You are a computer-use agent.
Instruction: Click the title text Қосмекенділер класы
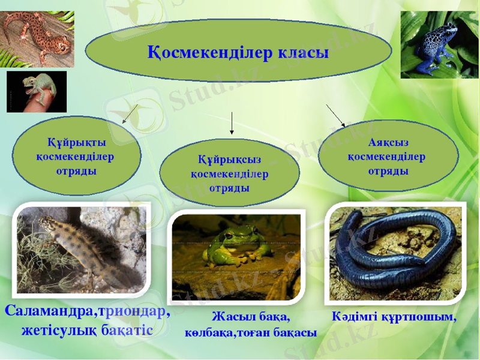point(238,53)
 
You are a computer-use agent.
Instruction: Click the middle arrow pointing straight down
point(232,123)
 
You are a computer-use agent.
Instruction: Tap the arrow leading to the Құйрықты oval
point(130,113)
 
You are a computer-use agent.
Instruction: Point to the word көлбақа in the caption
point(209,334)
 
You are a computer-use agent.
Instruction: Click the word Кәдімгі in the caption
point(355,317)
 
